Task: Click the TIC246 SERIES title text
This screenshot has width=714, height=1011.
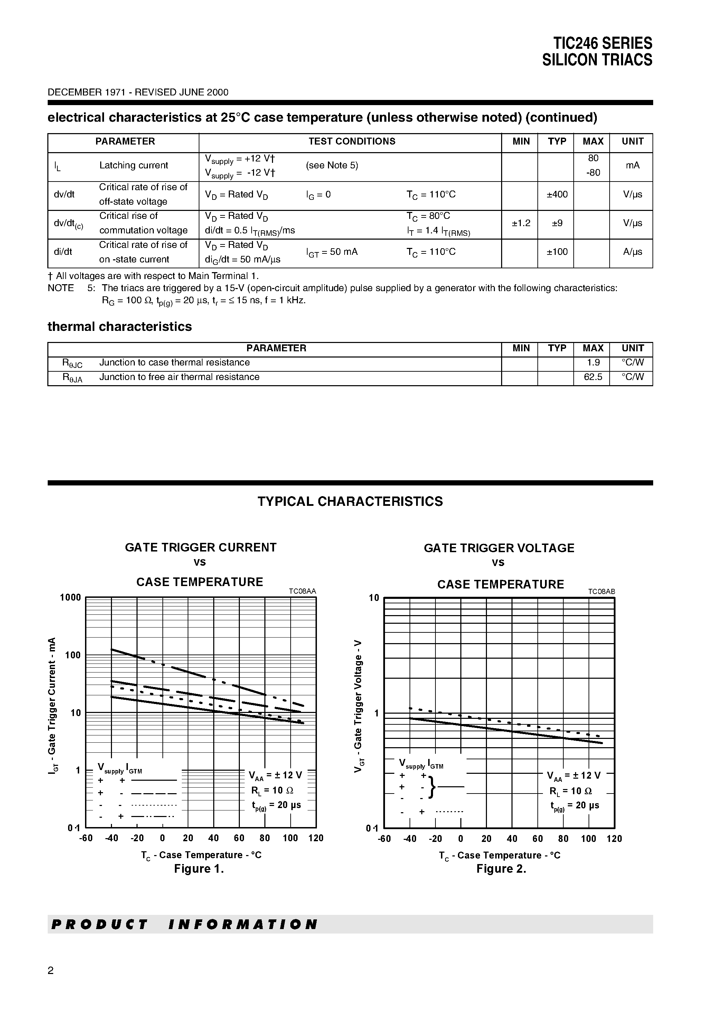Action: coord(602,43)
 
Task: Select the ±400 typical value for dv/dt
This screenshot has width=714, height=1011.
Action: coord(557,194)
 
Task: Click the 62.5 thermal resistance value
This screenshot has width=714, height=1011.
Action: coord(592,377)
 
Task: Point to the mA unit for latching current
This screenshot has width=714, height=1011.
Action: coord(632,165)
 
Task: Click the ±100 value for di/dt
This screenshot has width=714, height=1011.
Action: coord(557,252)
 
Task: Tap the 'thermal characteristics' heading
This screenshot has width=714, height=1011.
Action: coord(119,326)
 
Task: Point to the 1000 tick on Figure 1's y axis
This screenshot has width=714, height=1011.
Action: coord(71,597)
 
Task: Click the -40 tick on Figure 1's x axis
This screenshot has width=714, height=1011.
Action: coord(111,838)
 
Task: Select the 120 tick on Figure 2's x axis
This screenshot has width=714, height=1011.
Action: coord(614,838)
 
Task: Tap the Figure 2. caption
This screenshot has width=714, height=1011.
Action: coord(501,869)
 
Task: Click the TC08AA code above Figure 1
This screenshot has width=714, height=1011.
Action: coord(302,591)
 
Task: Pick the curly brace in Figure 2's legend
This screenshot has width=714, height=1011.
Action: coord(432,787)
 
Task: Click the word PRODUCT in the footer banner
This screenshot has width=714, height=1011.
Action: coord(100,924)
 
